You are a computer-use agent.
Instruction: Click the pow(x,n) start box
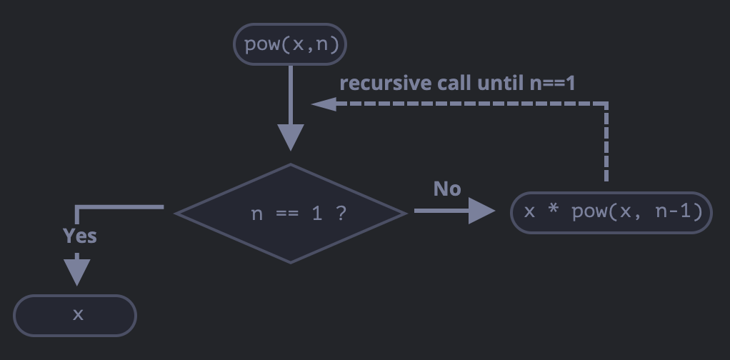click(290, 45)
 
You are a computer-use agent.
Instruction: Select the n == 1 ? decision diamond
click(290, 213)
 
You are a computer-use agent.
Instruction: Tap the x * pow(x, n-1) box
click(611, 212)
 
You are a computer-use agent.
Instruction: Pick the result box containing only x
click(75, 314)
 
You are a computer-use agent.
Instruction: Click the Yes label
click(79, 236)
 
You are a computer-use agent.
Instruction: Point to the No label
click(447, 189)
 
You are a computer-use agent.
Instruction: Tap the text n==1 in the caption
click(552, 83)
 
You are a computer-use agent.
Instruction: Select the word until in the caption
click(501, 83)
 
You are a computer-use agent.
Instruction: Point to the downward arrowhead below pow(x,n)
click(290, 136)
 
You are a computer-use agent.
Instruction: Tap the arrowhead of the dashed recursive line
click(323, 104)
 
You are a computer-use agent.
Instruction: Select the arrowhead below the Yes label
click(77, 272)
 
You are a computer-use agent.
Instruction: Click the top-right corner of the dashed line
click(606, 105)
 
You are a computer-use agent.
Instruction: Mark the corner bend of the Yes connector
click(78, 209)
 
